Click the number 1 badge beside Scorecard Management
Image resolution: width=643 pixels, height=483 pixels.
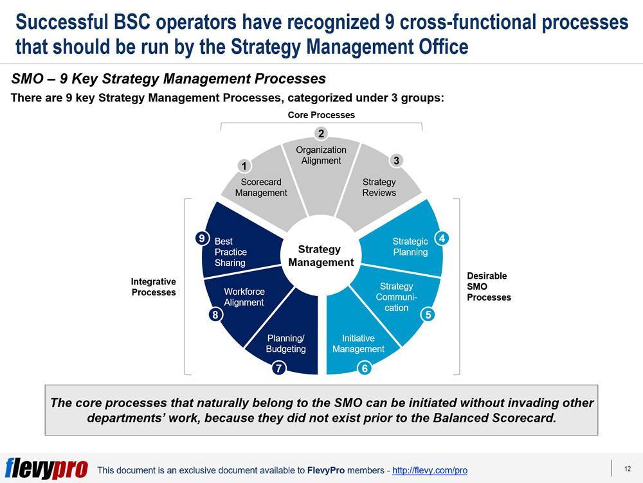coord(244,166)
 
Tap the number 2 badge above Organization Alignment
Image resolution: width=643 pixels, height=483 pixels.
coord(321,133)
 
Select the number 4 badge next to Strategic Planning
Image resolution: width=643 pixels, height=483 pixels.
coord(442,238)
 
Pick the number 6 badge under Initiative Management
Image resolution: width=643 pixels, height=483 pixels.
coord(365,368)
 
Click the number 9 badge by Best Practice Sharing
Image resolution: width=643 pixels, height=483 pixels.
coord(202,238)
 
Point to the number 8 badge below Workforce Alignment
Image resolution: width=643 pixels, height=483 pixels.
coord(215,315)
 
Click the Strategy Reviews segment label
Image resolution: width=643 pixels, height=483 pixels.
coord(379,187)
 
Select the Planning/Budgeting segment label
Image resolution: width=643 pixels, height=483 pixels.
coord(286,344)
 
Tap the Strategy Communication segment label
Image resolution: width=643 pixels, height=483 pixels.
coord(396,297)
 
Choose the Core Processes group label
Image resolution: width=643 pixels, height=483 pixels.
coord(321,115)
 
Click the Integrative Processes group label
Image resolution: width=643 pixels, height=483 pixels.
coord(154,286)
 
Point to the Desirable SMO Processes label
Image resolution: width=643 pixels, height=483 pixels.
coord(489,286)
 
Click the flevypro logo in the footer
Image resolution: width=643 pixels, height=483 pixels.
coord(46,468)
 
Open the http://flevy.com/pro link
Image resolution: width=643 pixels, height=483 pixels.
coord(430,470)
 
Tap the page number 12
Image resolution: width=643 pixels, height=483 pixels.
coord(628,469)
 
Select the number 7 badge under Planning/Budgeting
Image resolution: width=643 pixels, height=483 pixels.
coord(278,368)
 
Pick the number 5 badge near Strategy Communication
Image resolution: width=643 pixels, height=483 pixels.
coord(428,315)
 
